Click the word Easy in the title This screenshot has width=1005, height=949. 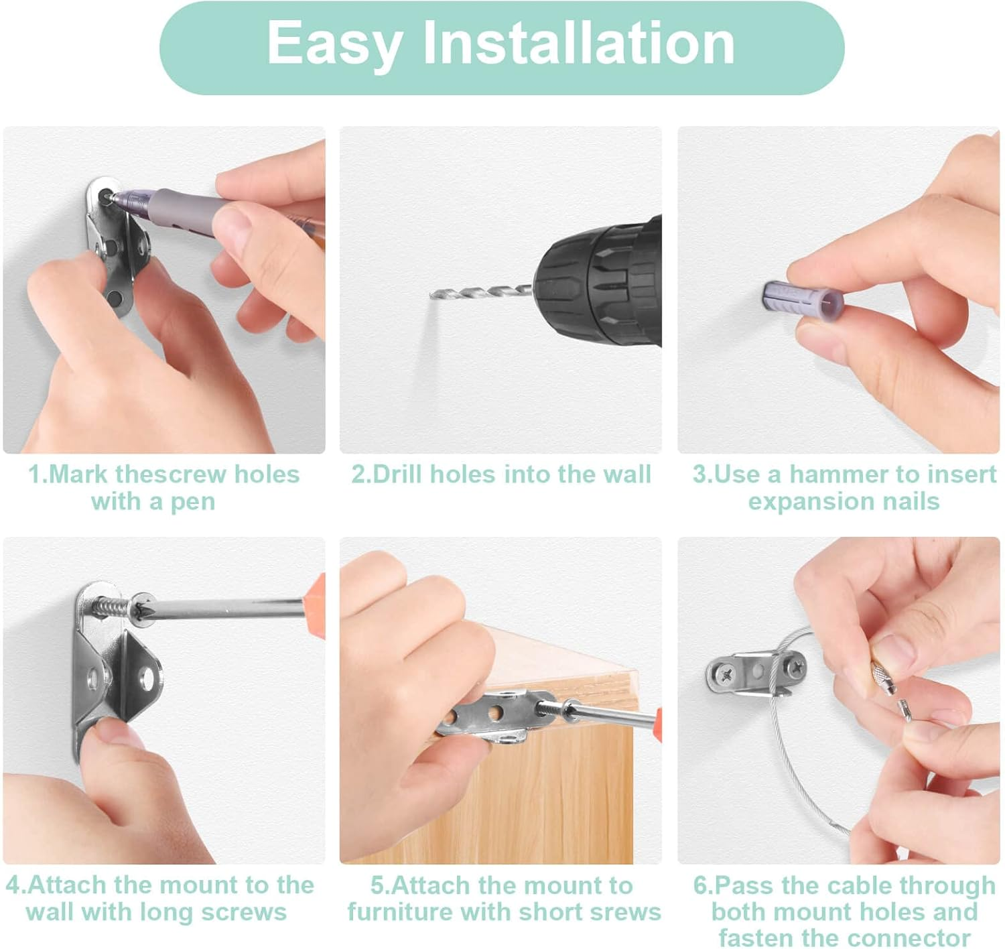336,44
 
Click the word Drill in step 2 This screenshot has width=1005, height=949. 397,474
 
